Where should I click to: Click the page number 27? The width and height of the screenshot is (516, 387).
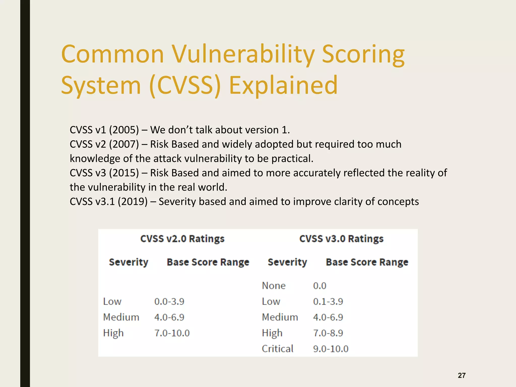462,375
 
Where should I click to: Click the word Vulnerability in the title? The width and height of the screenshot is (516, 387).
243,54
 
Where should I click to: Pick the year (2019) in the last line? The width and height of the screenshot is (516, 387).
133,202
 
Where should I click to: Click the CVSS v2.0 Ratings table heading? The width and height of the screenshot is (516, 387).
182,239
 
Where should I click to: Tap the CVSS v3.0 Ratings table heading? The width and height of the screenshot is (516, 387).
341,239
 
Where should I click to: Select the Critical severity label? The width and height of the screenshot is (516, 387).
277,349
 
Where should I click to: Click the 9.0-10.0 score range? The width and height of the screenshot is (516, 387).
331,349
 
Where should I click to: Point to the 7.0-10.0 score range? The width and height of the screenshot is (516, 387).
172,333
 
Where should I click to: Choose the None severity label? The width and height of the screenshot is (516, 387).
274,286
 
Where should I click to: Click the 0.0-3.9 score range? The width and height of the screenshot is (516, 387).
169,302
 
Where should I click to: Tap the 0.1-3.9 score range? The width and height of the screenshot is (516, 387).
328,302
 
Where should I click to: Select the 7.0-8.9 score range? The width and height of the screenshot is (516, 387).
328,333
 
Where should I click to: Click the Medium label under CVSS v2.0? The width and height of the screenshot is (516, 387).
121,317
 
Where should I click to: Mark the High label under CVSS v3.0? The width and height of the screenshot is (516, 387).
272,333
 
